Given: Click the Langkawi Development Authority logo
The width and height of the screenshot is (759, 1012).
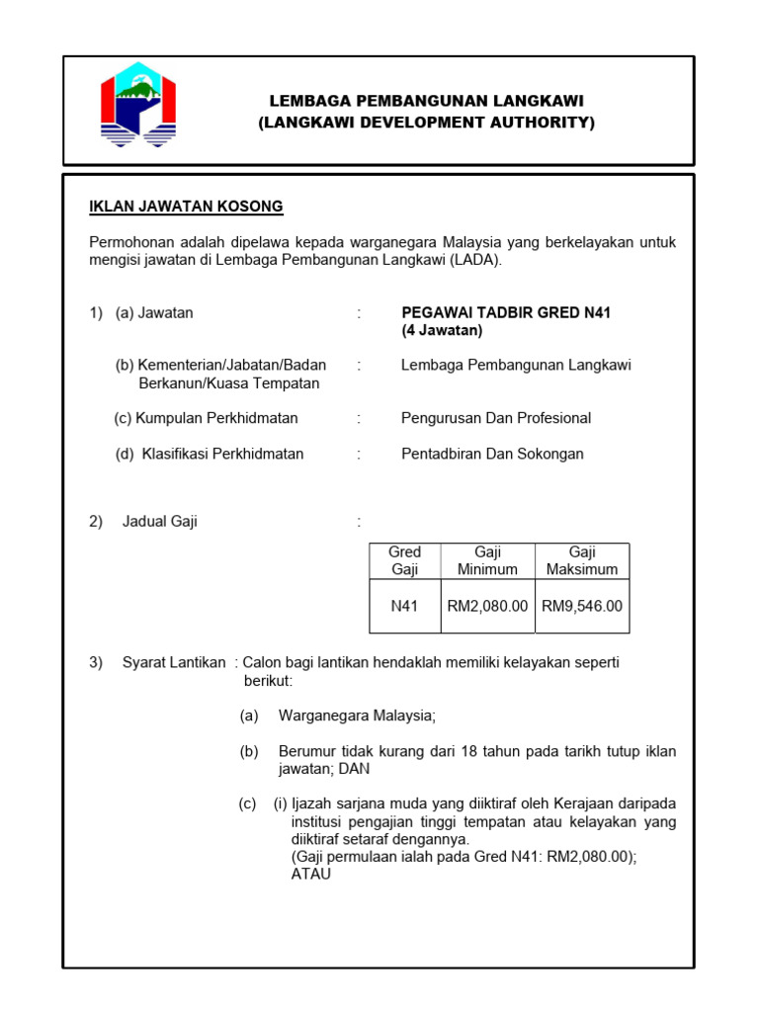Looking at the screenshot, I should [138, 105].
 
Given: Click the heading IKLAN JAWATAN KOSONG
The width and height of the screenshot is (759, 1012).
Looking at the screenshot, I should [187, 207].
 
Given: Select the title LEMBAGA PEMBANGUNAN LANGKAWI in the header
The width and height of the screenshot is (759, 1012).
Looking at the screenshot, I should [427, 102].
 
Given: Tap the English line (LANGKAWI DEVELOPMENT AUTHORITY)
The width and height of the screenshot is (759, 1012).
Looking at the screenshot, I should [427, 123].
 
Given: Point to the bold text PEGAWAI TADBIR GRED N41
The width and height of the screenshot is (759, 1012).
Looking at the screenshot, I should [506, 313].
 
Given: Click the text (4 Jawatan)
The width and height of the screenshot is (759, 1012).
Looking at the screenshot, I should [442, 330].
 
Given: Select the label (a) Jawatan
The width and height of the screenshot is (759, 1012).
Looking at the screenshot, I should [154, 313].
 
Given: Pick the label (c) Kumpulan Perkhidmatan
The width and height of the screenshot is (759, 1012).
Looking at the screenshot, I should [207, 418].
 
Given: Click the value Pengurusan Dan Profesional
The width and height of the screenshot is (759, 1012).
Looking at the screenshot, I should [496, 418].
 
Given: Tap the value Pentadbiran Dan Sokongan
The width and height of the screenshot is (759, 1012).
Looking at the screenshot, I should [492, 454].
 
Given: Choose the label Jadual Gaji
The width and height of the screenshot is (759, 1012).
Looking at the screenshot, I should [159, 522].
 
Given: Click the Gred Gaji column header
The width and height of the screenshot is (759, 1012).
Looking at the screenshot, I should [405, 560].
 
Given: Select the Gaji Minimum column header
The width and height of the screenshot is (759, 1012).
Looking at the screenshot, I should [487, 560].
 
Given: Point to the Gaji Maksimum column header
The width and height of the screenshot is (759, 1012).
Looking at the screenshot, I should [582, 560].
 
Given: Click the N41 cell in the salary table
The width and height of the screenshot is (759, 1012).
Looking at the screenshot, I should [405, 606].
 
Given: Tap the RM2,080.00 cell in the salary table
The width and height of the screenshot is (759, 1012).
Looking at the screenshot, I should [487, 606].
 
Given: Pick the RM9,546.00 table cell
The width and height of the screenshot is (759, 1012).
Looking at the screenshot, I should [582, 606].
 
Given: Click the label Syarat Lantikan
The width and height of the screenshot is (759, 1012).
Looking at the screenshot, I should [174, 662].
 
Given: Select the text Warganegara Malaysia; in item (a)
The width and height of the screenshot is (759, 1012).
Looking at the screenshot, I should [357, 715].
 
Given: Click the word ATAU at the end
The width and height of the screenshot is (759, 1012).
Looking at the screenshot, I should [311, 874].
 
